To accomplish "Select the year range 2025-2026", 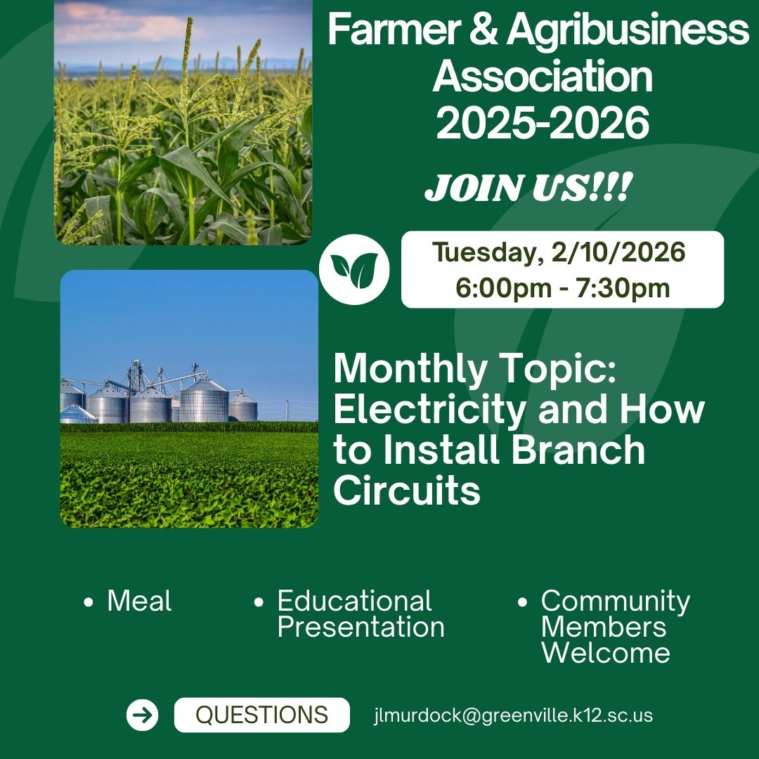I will pyautogui.click(x=542, y=123).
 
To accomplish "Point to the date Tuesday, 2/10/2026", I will pyautogui.click(x=559, y=252).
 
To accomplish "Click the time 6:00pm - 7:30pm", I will pyautogui.click(x=562, y=288).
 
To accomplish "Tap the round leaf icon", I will pyautogui.click(x=354, y=269).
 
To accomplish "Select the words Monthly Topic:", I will pyautogui.click(x=474, y=368).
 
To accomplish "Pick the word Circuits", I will pyautogui.click(x=407, y=490).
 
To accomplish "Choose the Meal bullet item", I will pyautogui.click(x=139, y=601).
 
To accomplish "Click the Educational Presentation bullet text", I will pyautogui.click(x=361, y=614).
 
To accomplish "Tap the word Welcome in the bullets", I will pyautogui.click(x=605, y=653).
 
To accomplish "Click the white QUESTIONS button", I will pyautogui.click(x=261, y=715).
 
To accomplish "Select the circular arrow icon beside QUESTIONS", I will pyautogui.click(x=143, y=715).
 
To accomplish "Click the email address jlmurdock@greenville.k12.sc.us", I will pyautogui.click(x=513, y=715).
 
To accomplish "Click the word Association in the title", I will pyautogui.click(x=542, y=77).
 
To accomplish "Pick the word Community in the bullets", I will pyautogui.click(x=616, y=601).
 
